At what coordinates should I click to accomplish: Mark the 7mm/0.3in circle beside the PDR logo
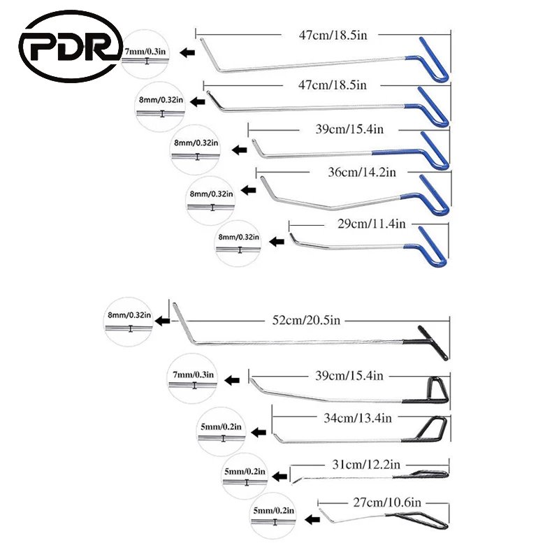[147, 57]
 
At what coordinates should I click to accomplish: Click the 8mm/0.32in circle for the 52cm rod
[130, 321]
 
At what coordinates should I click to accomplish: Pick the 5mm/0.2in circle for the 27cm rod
[275, 518]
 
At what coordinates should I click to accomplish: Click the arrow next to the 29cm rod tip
[277, 239]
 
